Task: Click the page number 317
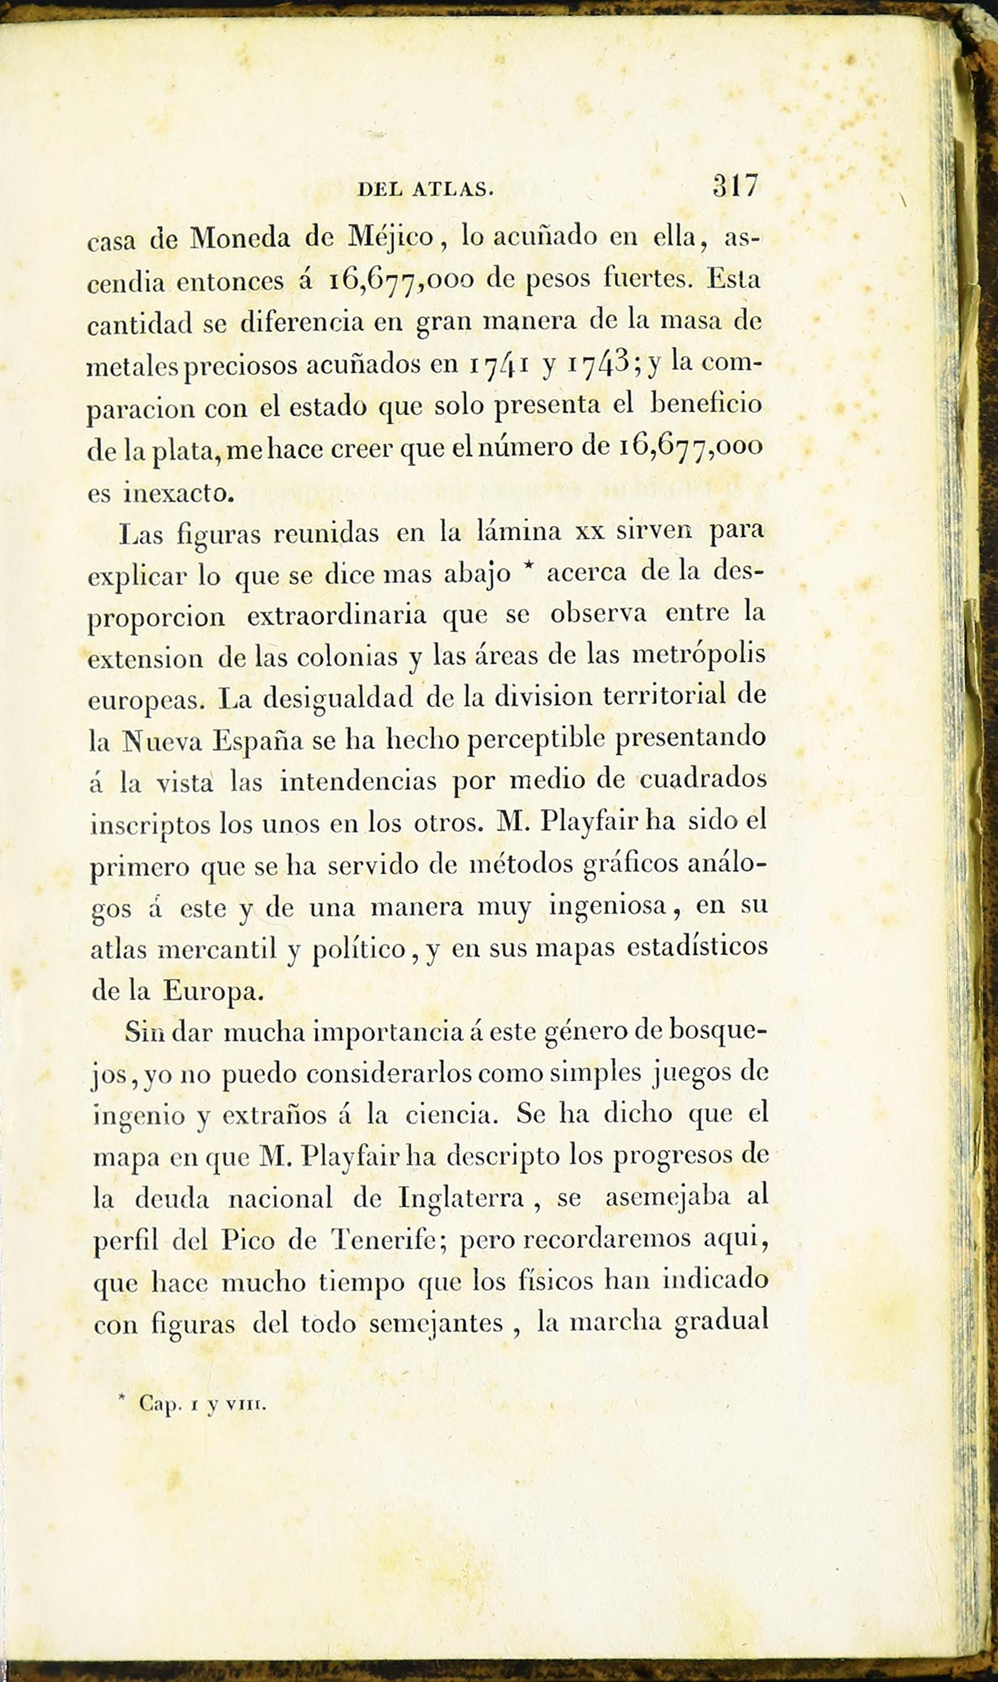coord(736,187)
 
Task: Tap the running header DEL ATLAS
coord(426,190)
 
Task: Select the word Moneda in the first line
coord(240,239)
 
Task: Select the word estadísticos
coord(697,947)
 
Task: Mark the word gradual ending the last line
coord(721,1320)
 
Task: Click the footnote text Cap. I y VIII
coord(202,1405)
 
